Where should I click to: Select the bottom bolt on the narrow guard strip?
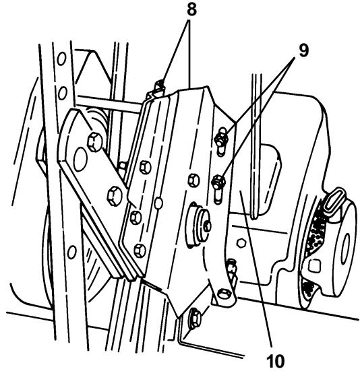pos(140,250)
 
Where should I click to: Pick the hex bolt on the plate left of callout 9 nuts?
pos(193,178)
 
